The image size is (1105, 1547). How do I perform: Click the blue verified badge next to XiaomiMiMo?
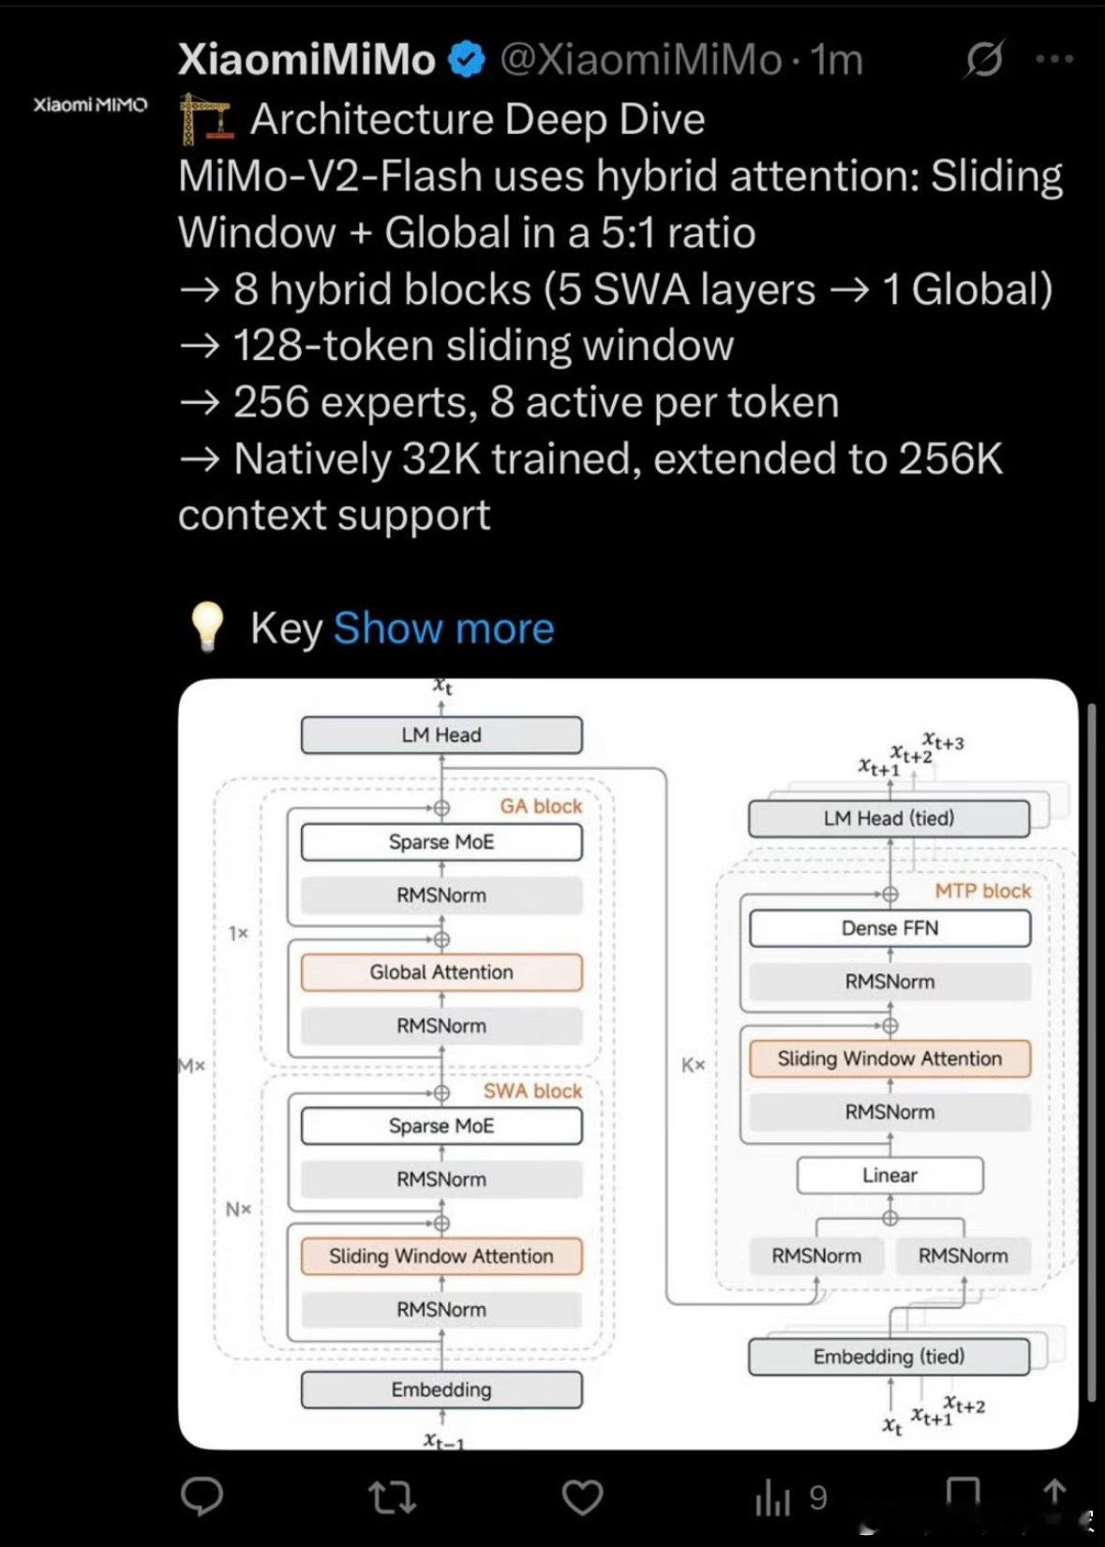point(466,60)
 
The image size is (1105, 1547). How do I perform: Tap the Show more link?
point(443,628)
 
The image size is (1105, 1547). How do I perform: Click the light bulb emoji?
point(207,626)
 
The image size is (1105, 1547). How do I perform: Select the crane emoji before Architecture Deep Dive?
point(205,119)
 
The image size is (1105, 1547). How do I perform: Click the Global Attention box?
point(441,972)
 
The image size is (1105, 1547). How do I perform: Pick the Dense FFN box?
point(889,928)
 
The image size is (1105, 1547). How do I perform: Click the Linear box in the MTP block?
point(889,1175)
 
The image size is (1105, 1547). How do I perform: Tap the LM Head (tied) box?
point(888,819)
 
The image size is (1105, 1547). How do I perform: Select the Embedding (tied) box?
point(888,1357)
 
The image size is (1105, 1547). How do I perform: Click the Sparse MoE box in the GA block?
point(441,842)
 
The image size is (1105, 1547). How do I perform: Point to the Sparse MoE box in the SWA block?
point(441,1126)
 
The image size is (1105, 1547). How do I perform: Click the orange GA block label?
point(541,806)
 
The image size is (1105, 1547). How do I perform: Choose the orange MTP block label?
point(982,891)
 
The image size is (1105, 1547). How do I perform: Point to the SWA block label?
point(532,1091)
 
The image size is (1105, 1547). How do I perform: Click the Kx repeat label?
point(693,1065)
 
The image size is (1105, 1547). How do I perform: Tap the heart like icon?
point(582,1497)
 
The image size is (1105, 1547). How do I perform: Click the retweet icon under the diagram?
point(393,1497)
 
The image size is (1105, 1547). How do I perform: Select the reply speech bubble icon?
point(202,1497)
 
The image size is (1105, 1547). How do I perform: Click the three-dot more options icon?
point(1054,60)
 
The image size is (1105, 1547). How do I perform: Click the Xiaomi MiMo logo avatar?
point(90,105)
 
